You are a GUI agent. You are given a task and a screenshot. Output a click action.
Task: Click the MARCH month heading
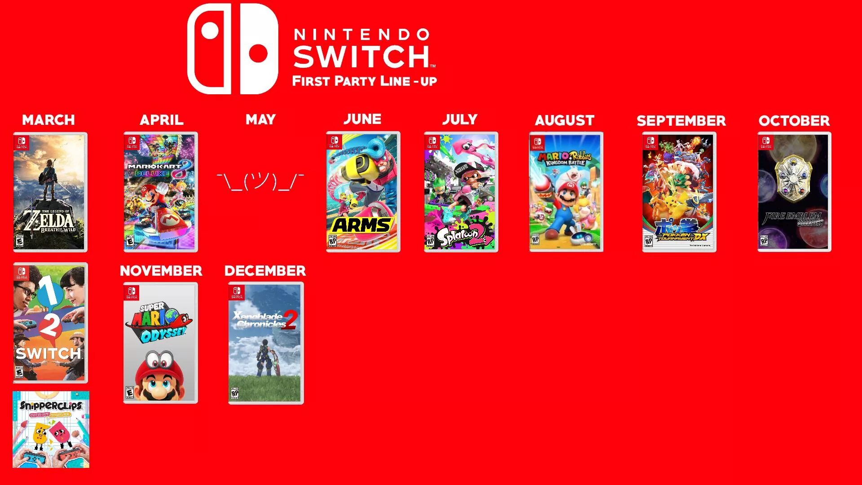click(x=48, y=120)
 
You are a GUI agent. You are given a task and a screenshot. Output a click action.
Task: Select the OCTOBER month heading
click(x=794, y=121)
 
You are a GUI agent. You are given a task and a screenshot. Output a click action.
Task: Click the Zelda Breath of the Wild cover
click(x=50, y=192)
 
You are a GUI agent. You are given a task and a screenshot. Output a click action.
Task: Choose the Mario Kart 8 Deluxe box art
click(x=161, y=192)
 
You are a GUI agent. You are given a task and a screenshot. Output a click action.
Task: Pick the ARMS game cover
click(x=363, y=192)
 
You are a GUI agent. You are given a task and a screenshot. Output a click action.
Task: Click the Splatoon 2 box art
click(x=461, y=192)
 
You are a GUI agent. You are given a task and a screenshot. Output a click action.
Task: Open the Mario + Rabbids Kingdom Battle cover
click(x=566, y=192)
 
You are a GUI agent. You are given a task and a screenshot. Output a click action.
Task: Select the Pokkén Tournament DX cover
click(x=679, y=192)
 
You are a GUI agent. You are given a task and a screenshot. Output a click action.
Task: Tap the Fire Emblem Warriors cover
click(x=794, y=192)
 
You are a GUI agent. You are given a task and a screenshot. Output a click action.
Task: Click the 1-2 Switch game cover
click(x=50, y=322)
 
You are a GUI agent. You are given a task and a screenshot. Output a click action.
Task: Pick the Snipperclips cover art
click(x=51, y=429)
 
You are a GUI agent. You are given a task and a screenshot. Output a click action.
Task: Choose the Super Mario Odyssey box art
click(x=160, y=343)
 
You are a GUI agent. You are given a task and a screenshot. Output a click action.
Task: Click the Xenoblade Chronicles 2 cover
click(x=266, y=343)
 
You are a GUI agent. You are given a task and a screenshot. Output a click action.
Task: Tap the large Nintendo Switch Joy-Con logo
click(x=233, y=49)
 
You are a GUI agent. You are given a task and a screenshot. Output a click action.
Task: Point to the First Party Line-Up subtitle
click(x=364, y=81)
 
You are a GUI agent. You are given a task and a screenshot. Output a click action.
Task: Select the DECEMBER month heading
click(x=265, y=271)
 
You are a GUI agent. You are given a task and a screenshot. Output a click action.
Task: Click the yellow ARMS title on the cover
click(x=362, y=225)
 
